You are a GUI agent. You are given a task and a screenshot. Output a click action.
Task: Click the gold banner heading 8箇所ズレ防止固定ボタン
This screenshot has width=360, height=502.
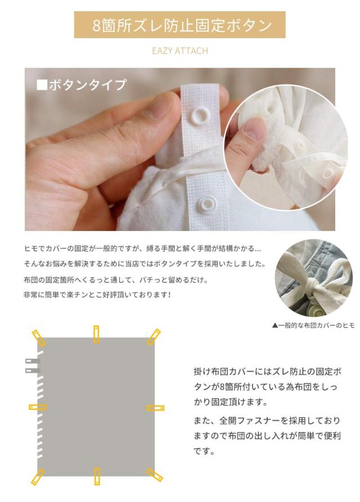(179, 25)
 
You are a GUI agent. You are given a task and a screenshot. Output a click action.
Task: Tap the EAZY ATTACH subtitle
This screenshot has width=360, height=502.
(179, 51)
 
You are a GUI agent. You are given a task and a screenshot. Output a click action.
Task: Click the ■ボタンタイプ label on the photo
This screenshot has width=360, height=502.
(82, 85)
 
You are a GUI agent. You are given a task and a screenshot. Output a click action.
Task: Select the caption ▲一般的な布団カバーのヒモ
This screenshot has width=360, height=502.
(313, 325)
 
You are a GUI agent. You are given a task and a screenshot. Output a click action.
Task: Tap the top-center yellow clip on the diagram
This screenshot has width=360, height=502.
(96, 334)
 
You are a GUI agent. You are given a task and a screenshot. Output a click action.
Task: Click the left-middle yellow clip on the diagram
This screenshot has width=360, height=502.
(37, 407)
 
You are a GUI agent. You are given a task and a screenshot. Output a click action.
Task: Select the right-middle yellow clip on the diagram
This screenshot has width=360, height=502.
(155, 408)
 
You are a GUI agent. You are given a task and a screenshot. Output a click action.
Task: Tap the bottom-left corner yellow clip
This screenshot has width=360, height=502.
(38, 477)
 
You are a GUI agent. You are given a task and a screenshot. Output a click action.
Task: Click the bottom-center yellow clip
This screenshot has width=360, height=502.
(97, 476)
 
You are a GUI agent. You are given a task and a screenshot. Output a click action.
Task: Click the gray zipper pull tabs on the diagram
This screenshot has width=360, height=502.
(31, 365)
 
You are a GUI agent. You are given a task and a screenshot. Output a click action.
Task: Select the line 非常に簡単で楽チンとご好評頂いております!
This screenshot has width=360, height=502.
(97, 294)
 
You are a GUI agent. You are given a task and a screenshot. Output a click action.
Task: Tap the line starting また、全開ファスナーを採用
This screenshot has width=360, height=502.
(267, 420)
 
